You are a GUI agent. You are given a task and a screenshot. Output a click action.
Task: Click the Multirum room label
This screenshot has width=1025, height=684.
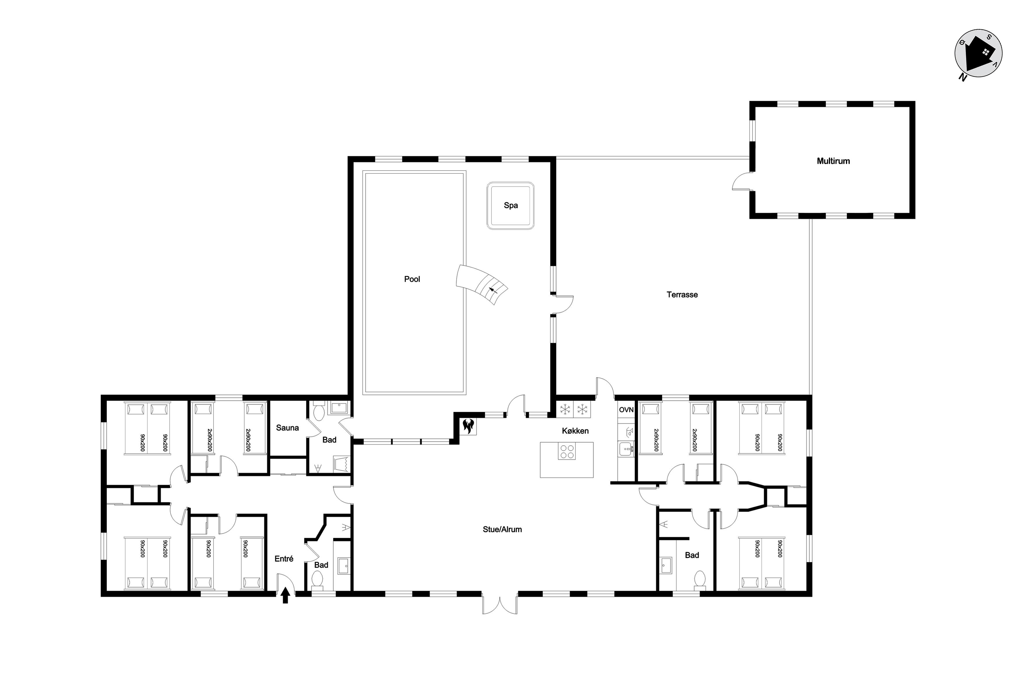point(833,161)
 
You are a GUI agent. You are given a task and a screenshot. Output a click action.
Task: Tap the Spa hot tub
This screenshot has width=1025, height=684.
point(510,206)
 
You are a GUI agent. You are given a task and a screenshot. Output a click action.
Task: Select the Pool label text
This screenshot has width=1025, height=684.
point(412,279)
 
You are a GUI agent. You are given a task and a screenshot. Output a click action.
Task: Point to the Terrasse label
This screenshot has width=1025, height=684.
point(682,295)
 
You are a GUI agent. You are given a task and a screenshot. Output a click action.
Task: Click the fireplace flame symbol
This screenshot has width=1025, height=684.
point(468,426)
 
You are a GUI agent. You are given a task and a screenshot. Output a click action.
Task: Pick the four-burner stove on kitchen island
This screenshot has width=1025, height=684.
point(566,451)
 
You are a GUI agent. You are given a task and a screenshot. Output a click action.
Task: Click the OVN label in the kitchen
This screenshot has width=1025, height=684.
point(626,410)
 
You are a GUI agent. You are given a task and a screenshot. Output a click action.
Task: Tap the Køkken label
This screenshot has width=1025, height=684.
point(575,431)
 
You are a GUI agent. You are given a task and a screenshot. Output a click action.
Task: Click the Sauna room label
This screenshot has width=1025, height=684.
point(287,428)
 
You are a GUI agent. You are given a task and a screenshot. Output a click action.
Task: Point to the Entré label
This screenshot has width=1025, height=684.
point(284,559)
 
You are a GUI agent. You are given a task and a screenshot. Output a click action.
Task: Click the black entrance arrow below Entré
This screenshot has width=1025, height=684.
point(286,595)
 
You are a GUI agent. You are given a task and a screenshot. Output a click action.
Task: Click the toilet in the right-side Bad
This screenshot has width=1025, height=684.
point(700,579)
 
